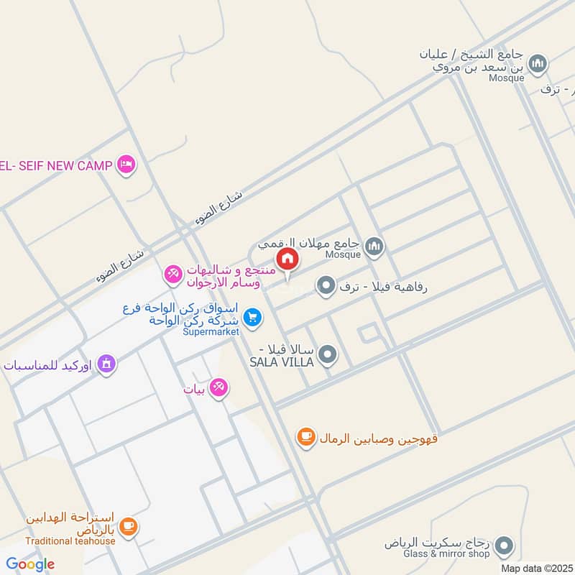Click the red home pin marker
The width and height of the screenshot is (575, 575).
287,259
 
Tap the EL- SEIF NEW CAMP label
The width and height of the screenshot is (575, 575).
56,165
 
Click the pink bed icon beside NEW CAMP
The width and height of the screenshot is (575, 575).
126,165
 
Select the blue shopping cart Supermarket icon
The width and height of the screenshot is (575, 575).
252,316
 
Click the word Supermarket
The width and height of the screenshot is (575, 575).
210,331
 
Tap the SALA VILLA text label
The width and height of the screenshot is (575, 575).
282,362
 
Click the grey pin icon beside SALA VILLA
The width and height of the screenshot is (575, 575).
328,354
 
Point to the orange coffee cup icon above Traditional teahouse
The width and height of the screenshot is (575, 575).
129,528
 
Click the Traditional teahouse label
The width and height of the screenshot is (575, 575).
70,541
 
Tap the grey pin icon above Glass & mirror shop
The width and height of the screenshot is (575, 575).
505,545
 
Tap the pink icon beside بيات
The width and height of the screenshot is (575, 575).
221,387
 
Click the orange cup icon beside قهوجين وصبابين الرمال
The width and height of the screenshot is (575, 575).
306,436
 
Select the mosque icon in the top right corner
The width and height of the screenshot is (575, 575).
538,65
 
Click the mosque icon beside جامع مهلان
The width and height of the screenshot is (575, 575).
374,247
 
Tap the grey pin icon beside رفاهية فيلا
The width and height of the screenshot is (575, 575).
326,287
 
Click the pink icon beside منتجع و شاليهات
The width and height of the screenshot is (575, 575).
173,273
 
